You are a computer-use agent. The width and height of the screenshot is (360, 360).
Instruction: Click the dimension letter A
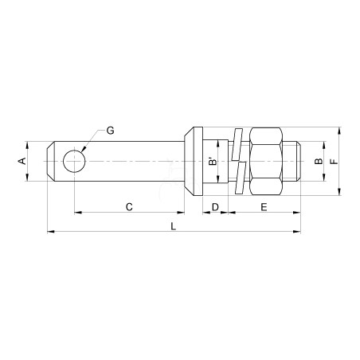[22, 161]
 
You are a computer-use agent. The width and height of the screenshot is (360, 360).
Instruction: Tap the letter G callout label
[110, 131]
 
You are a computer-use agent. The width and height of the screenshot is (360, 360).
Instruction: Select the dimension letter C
[129, 206]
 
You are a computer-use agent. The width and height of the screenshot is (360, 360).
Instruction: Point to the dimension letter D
[215, 206]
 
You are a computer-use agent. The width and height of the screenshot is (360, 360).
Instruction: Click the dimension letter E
[264, 206]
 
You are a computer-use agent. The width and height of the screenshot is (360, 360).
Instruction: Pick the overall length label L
[173, 226]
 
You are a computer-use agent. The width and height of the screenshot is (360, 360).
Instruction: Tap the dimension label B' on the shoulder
[213, 162]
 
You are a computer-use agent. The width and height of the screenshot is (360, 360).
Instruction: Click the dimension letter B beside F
[319, 161]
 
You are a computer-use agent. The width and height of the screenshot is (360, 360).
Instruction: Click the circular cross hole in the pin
[74, 161]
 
